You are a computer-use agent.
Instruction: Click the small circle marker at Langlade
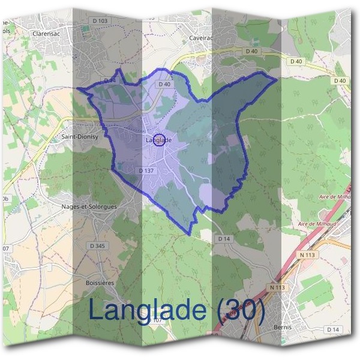click(x=159, y=140)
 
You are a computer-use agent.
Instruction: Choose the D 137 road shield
click(x=146, y=170)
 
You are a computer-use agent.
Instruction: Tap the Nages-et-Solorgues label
click(x=89, y=206)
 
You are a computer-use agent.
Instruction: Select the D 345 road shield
click(x=97, y=245)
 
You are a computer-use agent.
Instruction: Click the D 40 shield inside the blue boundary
click(x=164, y=85)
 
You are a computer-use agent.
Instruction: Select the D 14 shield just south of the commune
click(x=224, y=239)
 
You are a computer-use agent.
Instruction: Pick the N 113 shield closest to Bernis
click(x=277, y=287)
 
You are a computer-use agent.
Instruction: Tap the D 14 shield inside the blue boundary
click(x=110, y=80)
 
